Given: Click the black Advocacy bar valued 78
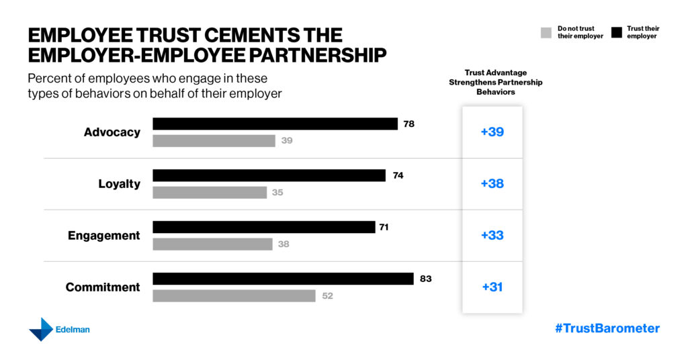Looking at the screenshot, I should [x=275, y=124].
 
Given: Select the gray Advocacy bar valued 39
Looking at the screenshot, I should [x=214, y=141].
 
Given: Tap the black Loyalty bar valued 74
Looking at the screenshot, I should [x=269, y=175].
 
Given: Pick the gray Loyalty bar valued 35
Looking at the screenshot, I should [x=210, y=193].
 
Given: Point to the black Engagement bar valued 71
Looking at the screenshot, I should [x=263, y=227].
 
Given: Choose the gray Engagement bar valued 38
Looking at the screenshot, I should [x=212, y=244].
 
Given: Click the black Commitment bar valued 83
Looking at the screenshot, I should [x=283, y=279].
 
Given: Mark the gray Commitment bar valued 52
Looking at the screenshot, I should [x=234, y=296].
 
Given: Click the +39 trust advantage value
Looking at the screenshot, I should [x=492, y=132].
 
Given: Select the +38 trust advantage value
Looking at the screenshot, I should [x=492, y=184].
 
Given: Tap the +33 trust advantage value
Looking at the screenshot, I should [x=492, y=236].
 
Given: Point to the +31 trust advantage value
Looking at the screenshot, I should [x=492, y=287].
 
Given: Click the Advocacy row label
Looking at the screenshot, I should [x=112, y=132].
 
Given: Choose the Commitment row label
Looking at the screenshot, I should [x=103, y=287].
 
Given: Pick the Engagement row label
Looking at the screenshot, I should [x=104, y=236].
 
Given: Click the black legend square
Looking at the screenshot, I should [x=617, y=32].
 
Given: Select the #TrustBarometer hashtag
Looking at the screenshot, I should [x=607, y=328].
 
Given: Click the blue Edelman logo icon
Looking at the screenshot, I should [x=40, y=329].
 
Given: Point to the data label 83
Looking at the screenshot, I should [x=425, y=279].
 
